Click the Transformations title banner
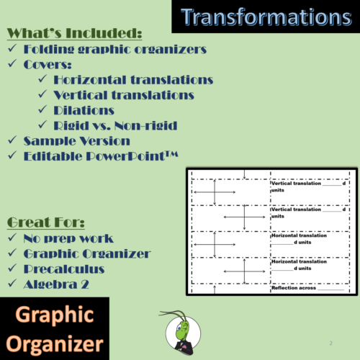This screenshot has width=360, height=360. (266, 17)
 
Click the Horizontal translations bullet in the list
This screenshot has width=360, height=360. (133, 79)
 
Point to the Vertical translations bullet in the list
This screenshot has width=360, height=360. (124, 94)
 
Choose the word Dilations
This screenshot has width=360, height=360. (84, 110)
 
